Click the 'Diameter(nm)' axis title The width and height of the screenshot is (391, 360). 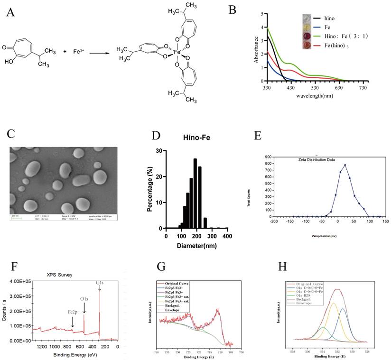point(196,246)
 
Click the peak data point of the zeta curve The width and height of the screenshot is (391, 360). point(345,165)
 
